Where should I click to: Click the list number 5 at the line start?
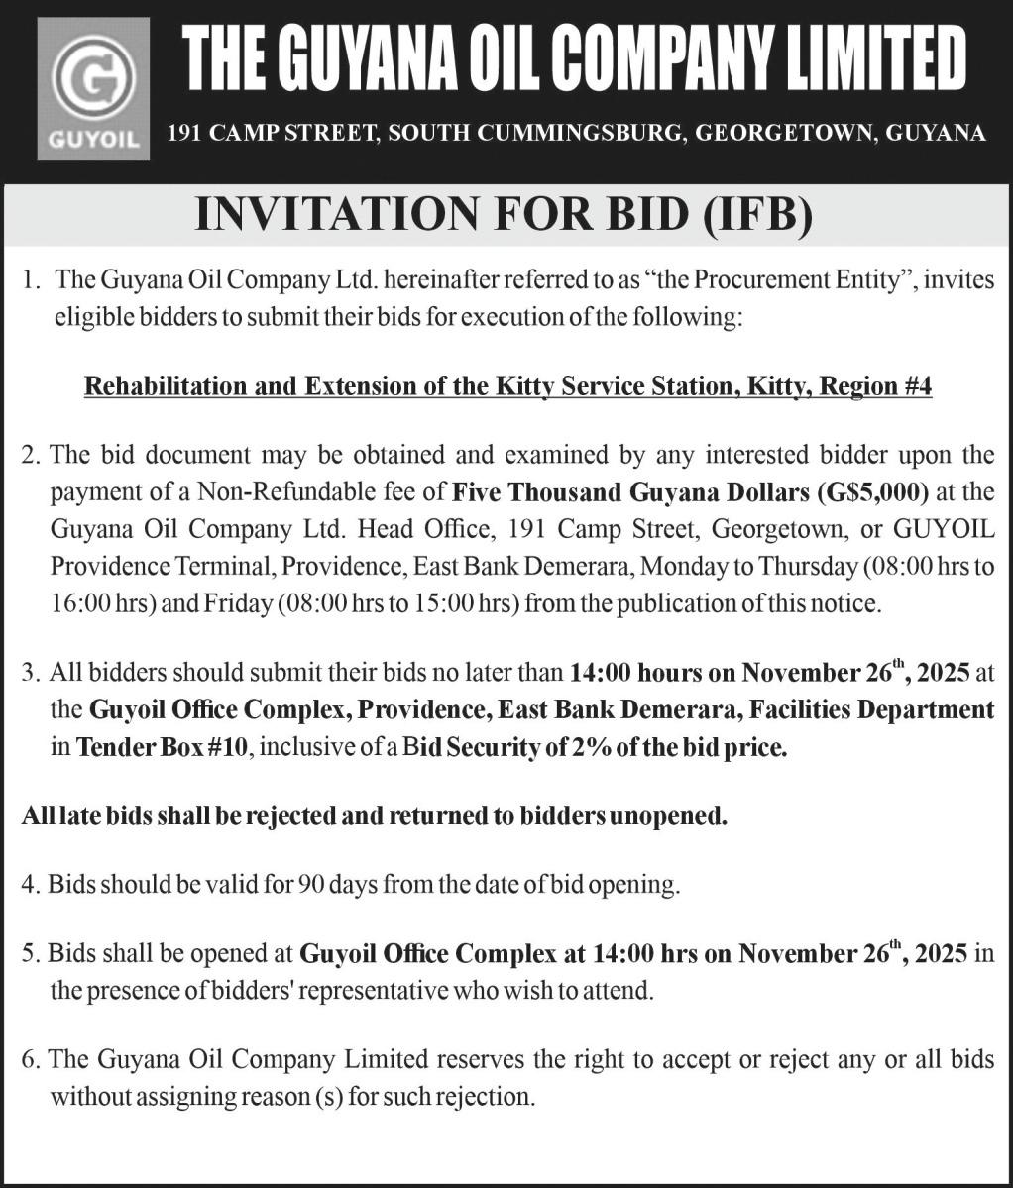(29, 953)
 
